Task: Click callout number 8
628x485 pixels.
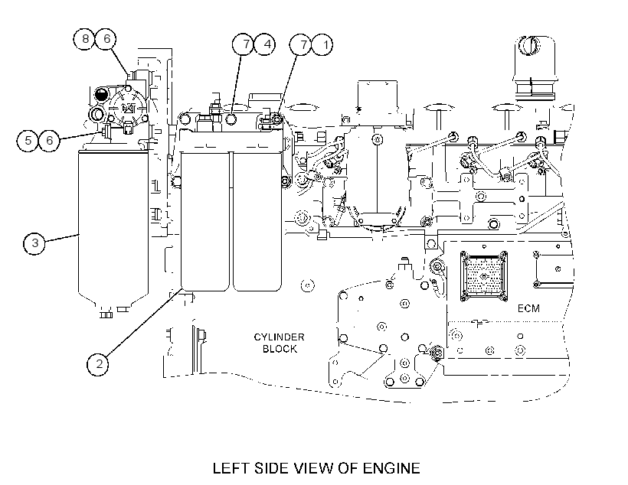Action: coord(84,39)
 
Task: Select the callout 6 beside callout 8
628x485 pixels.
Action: coord(106,39)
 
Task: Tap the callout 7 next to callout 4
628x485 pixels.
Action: coord(243,44)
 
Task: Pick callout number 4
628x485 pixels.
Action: coord(265,44)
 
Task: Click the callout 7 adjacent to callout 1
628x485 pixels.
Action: coord(300,44)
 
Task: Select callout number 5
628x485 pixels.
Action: coord(28,141)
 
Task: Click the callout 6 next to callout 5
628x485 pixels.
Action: coord(49,141)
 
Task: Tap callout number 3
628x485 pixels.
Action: coord(34,243)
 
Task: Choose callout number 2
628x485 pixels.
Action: coord(98,364)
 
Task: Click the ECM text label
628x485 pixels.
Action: coord(528,308)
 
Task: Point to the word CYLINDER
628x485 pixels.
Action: coord(280,337)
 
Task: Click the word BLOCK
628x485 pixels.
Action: coord(280,349)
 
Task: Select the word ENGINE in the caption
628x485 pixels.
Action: coord(391,468)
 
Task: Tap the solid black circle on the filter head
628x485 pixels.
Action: coord(100,95)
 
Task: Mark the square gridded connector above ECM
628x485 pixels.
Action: coord(484,276)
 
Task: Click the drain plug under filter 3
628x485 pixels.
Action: coord(106,314)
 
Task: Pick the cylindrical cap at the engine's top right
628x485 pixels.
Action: coord(535,68)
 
